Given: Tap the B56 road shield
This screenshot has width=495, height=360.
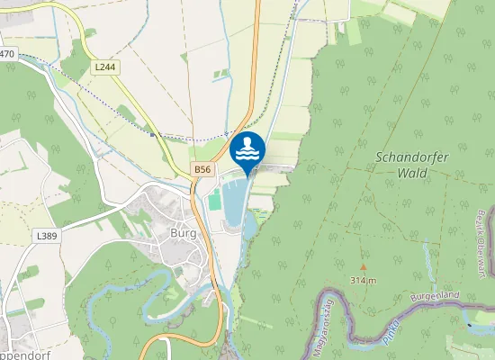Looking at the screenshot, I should (x=203, y=169).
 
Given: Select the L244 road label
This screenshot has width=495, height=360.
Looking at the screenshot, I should (x=105, y=67).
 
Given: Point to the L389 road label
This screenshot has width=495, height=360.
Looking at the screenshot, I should (x=47, y=235).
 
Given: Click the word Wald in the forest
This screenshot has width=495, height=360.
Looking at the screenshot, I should (x=412, y=171).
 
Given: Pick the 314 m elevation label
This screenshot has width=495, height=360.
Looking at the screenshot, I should (x=364, y=280).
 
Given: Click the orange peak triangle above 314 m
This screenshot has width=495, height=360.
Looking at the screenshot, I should (x=364, y=267).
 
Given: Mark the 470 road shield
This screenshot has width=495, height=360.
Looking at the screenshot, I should (x=7, y=54).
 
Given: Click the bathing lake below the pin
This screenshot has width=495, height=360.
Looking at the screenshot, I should (x=231, y=204).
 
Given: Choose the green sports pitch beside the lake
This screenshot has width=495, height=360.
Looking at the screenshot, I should (x=214, y=200).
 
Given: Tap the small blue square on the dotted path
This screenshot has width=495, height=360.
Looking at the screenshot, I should (x=152, y=135).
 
